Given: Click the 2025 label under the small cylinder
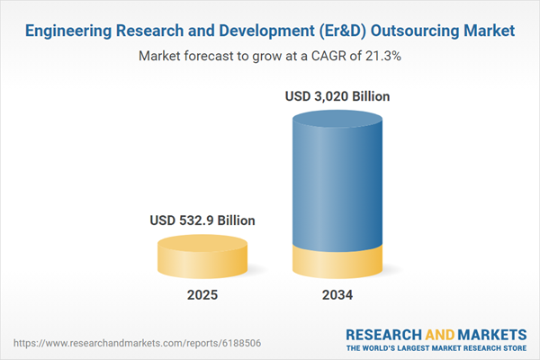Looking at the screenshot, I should click(202, 295).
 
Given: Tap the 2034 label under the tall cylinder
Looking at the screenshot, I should click(339, 295).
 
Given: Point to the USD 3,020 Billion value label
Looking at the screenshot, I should click(339, 95).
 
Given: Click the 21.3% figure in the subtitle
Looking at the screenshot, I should click(382, 56).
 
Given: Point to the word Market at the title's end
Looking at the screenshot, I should click(487, 31).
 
